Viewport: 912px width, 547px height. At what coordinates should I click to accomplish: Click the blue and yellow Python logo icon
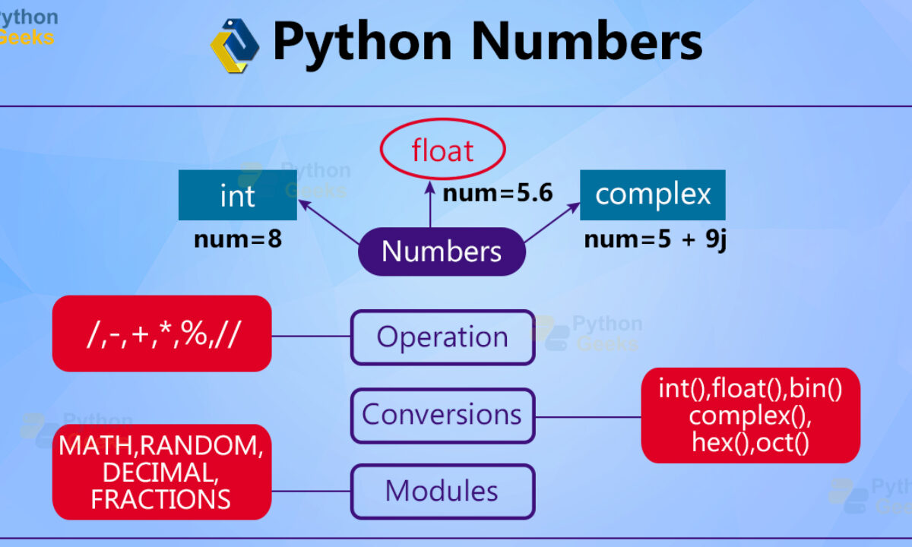click(x=235, y=45)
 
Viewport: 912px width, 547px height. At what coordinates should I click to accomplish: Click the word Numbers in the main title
click(x=587, y=42)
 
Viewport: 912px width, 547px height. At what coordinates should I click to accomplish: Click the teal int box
click(x=238, y=195)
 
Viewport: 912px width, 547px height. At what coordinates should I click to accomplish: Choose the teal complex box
click(x=653, y=195)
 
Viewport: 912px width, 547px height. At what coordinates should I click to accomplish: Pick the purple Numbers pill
click(x=442, y=251)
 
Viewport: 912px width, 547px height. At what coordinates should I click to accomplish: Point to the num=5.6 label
click(x=498, y=193)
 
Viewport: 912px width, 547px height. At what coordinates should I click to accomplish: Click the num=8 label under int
click(x=238, y=239)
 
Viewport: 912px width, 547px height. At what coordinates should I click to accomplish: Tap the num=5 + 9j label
click(x=655, y=240)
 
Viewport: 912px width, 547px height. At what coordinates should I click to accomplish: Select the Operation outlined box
click(x=442, y=337)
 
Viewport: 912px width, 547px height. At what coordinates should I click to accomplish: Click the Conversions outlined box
click(x=442, y=416)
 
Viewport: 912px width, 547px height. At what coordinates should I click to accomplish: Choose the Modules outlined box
click(x=442, y=492)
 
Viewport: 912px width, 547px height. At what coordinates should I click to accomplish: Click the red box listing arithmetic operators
click(x=162, y=334)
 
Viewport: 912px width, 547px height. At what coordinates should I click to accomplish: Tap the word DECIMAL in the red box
click(x=160, y=473)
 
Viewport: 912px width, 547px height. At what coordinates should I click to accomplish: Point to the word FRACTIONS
click(x=160, y=499)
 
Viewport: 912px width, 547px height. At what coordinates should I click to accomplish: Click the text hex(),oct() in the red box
click(x=750, y=443)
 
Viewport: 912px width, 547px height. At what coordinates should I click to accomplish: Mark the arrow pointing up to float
click(x=430, y=204)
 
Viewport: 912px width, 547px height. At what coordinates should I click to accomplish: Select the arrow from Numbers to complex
click(x=552, y=223)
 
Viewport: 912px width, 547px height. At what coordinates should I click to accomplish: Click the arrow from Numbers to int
click(x=329, y=222)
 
